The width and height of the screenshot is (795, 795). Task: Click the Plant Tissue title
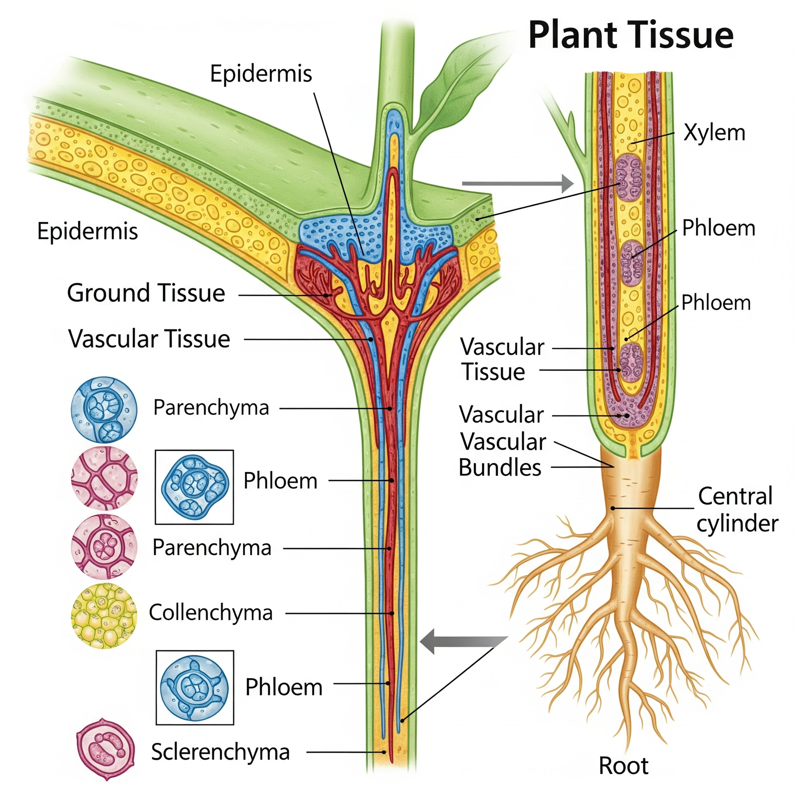(630, 35)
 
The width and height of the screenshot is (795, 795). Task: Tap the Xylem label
(714, 133)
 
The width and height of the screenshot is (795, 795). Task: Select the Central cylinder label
(736, 510)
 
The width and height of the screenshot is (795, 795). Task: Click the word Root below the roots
(623, 766)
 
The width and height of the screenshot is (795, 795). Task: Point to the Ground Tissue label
(146, 293)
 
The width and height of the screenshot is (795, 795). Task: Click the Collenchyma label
(211, 612)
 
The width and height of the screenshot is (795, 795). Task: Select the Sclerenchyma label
(220, 752)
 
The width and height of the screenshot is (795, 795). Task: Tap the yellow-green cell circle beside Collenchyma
(104, 616)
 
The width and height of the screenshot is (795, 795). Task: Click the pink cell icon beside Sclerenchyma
(105, 748)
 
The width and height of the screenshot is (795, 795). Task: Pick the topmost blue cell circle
(104, 409)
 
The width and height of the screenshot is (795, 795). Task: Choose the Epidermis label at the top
(261, 74)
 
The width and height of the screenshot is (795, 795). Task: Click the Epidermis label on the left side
(87, 232)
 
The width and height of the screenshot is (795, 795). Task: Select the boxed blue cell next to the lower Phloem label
(194, 687)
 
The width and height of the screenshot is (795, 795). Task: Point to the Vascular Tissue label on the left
(149, 339)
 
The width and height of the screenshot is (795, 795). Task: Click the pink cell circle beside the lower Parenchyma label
(104, 547)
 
